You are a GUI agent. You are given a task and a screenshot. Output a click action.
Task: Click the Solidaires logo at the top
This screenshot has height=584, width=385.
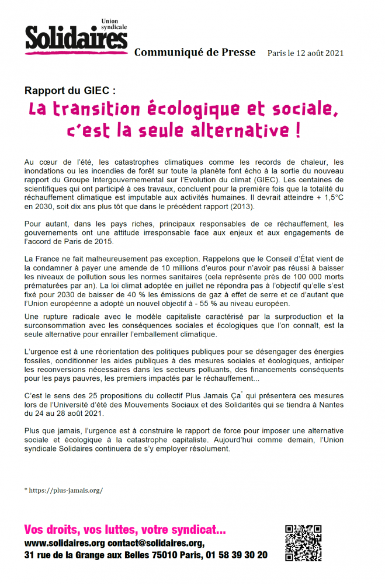click(x=76, y=37)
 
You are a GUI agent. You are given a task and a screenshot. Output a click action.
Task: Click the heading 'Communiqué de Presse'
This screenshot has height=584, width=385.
click(x=195, y=53)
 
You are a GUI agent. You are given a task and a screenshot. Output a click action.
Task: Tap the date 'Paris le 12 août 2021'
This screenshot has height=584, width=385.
click(x=305, y=53)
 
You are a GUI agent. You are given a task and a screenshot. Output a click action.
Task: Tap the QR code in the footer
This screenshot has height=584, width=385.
click(x=303, y=543)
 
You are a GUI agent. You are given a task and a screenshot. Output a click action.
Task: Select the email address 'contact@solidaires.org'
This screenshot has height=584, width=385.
click(x=155, y=543)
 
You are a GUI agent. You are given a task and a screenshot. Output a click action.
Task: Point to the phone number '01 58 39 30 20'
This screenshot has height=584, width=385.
click(x=236, y=555)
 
